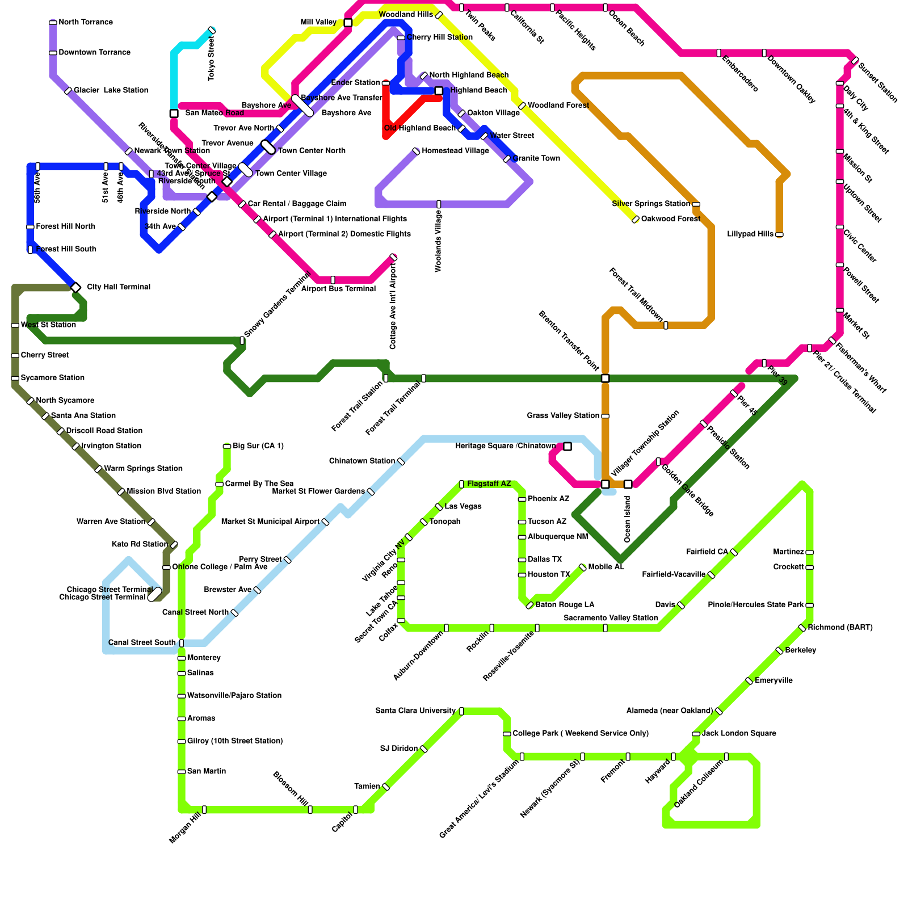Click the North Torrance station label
[x=85, y=23]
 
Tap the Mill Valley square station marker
[x=348, y=23]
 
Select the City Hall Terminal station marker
[x=76, y=287]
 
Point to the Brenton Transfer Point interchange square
[x=606, y=379]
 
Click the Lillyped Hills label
[x=750, y=234]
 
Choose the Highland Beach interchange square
[x=439, y=91]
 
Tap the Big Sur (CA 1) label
[x=258, y=446]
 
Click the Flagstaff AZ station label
[x=489, y=484]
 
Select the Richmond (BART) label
[x=840, y=628]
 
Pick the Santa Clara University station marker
[x=461, y=711]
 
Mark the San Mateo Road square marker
[x=174, y=113]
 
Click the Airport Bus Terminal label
[x=338, y=289]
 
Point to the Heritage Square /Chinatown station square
[x=567, y=447]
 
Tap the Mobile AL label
[x=606, y=567]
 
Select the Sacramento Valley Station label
[x=611, y=618]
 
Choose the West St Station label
[x=48, y=325]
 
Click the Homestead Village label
[x=455, y=151]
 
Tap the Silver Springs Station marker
[x=696, y=204]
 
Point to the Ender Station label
[x=355, y=83]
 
